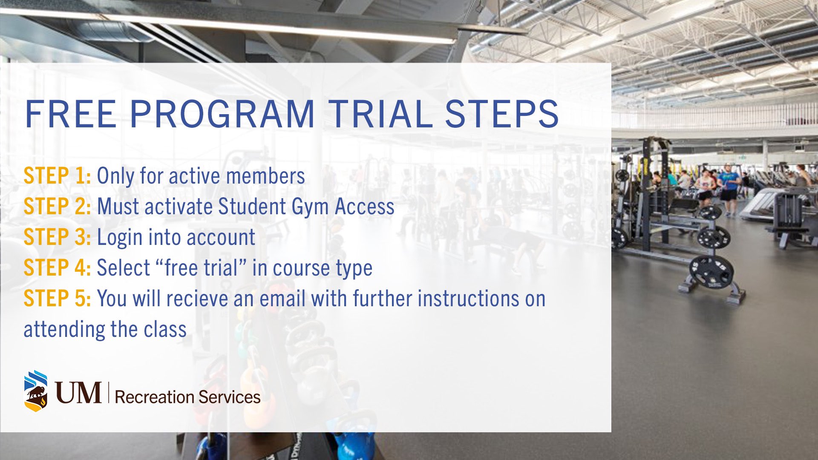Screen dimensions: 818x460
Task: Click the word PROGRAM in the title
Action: click(222, 114)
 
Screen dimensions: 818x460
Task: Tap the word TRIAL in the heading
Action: click(380, 114)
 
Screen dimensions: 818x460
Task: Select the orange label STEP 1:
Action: click(57, 176)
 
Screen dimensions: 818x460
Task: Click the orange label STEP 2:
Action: click(57, 207)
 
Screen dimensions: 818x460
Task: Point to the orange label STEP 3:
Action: click(57, 237)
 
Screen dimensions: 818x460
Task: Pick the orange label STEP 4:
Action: click(57, 268)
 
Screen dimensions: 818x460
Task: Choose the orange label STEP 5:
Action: click(57, 299)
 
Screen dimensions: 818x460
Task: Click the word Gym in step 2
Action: click(310, 208)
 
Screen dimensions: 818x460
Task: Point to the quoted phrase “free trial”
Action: click(200, 268)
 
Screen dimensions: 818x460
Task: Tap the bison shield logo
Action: click(36, 391)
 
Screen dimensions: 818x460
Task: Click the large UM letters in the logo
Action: click(78, 392)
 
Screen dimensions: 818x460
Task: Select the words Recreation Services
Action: click(187, 397)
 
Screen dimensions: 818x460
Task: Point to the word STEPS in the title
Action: click(502, 114)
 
